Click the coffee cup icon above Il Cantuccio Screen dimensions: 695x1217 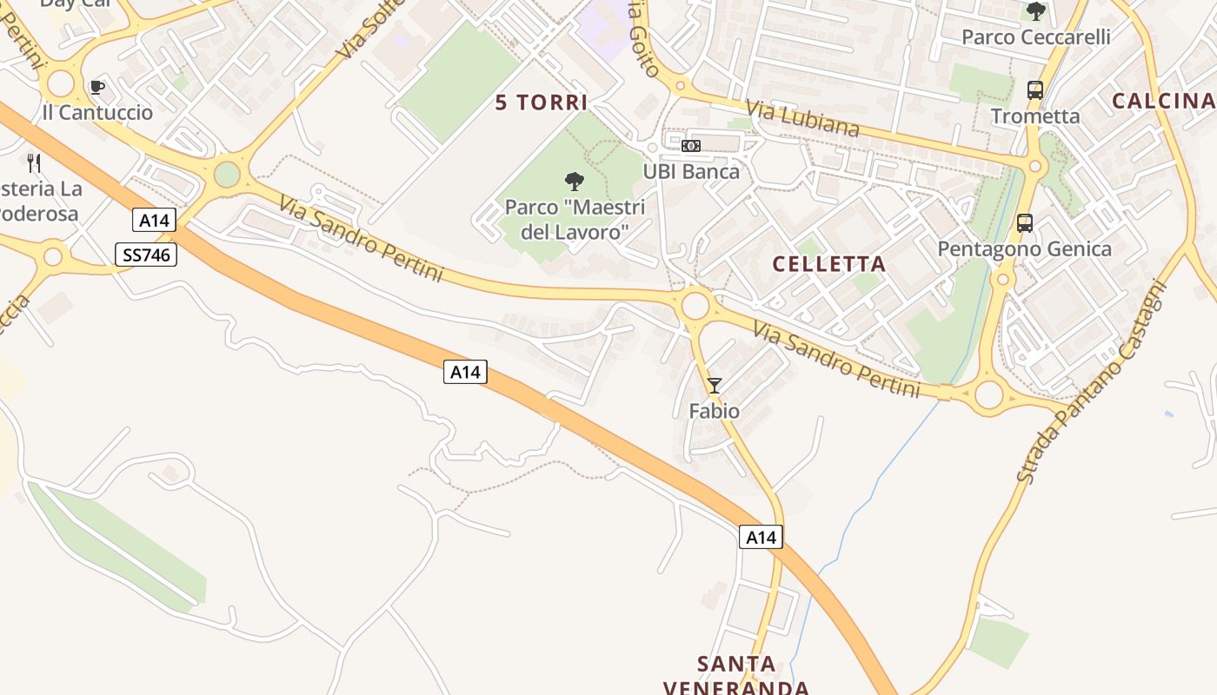[96, 87]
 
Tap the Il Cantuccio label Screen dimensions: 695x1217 [97, 113]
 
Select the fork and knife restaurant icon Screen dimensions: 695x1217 [34, 162]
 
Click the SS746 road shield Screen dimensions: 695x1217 [146, 255]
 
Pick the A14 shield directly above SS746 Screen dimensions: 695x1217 [154, 221]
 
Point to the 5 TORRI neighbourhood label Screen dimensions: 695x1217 [542, 103]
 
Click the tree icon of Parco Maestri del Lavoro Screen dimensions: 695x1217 [574, 182]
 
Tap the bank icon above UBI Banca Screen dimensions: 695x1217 [691, 146]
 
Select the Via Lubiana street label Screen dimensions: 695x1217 [802, 118]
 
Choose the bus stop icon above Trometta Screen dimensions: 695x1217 [1034, 89]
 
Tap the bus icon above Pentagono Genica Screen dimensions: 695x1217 [1025, 223]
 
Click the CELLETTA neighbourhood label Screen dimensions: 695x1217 [828, 264]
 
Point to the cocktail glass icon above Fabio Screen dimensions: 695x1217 [715, 386]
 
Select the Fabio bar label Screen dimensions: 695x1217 [715, 411]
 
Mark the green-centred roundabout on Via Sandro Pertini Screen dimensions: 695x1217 [227, 175]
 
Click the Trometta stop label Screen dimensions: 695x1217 [1035, 116]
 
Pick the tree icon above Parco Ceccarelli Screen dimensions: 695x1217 [1035, 11]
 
